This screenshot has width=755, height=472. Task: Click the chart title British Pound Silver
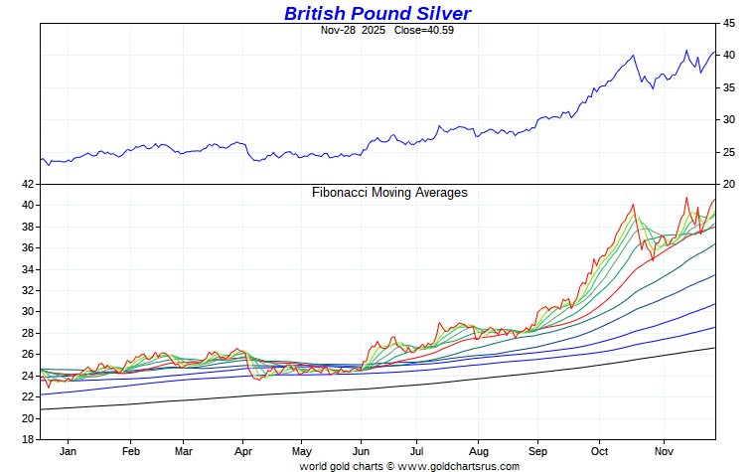[377, 13]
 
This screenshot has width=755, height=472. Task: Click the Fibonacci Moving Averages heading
[389, 193]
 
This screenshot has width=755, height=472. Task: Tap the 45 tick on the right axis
[728, 23]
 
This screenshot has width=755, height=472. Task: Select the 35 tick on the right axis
[728, 87]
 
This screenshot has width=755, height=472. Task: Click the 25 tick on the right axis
[728, 152]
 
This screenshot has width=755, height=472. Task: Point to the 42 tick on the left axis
[27, 184]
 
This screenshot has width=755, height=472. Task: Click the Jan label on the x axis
[70, 450]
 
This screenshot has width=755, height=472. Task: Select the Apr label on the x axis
[243, 450]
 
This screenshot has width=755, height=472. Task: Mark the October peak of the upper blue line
[634, 56]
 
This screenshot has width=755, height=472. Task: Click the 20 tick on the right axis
[728, 184]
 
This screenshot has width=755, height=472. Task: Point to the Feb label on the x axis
[130, 450]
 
